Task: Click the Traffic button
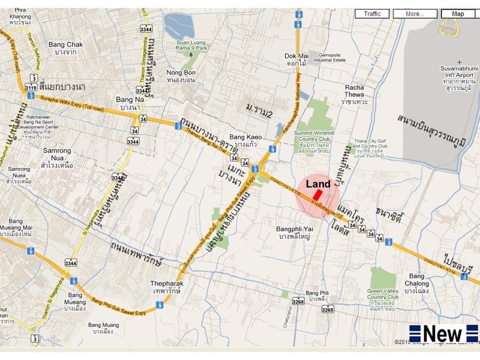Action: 372,14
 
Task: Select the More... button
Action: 414,14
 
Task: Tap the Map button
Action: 458,14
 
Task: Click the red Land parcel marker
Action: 317,199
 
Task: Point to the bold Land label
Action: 318,184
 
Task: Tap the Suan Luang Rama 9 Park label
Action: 191,46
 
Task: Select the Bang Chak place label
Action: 65,48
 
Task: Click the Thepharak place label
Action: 167,287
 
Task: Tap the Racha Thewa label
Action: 354,91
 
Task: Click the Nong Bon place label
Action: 181,76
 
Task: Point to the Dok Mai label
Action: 296,59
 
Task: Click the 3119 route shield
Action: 31,88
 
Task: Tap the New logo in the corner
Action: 443,333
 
